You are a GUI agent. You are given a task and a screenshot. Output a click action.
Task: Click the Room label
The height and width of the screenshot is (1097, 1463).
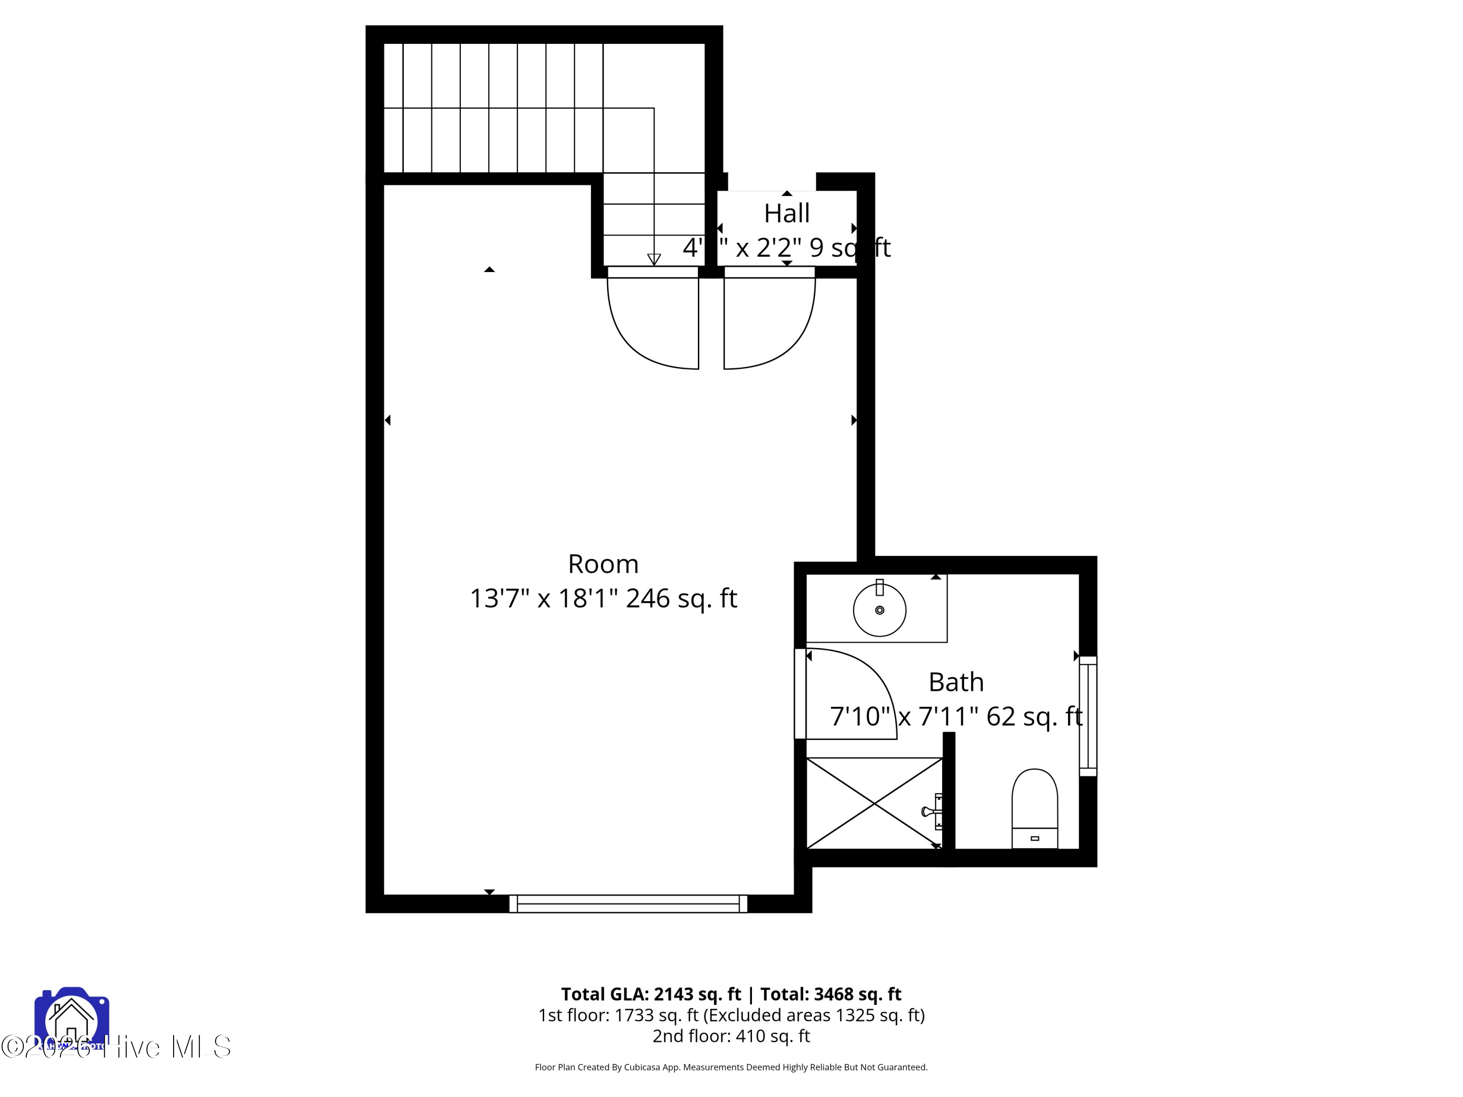coord(603,564)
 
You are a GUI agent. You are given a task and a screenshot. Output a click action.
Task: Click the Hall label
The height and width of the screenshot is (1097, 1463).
coord(787,214)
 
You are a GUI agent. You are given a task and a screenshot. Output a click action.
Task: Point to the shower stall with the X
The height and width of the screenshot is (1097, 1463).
coord(874,803)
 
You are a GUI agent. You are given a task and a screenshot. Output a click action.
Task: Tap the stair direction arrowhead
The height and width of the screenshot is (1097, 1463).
coord(653,259)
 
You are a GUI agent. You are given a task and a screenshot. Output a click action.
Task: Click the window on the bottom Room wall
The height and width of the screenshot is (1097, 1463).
coord(628,903)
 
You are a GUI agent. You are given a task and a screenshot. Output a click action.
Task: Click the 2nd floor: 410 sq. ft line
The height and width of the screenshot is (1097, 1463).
coord(731,1036)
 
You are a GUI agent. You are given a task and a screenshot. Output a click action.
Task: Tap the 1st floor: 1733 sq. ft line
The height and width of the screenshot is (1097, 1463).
coord(731,1015)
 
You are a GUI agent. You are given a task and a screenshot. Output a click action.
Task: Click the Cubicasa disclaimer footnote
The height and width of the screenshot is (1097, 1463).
coord(731,1067)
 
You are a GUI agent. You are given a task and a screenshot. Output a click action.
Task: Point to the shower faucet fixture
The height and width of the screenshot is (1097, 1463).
coord(932,811)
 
